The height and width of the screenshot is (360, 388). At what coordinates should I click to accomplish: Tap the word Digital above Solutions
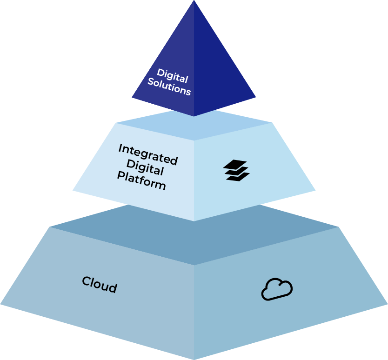[172, 76]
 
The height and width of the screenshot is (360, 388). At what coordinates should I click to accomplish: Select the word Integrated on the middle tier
[148, 154]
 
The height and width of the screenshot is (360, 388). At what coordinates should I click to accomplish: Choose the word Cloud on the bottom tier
[99, 285]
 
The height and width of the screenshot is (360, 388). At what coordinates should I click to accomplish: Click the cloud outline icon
[277, 289]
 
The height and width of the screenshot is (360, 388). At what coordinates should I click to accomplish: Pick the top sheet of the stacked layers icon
[235, 165]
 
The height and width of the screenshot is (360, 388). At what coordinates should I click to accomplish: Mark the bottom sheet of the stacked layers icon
[238, 177]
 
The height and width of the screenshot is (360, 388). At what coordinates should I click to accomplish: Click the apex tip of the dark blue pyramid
[194, 1]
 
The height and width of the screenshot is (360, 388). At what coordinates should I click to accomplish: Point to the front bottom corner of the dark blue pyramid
[194, 116]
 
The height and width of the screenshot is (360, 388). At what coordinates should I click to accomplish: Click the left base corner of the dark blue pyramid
[133, 98]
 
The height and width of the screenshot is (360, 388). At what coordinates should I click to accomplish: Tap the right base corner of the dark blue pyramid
[255, 98]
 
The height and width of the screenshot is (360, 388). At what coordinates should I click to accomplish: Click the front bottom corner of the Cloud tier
[194, 359]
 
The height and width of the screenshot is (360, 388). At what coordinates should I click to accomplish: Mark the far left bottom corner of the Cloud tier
[1, 305]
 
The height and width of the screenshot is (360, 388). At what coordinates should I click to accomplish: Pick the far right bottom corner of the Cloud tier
[387, 305]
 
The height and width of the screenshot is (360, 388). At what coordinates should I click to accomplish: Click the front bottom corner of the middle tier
[194, 220]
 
